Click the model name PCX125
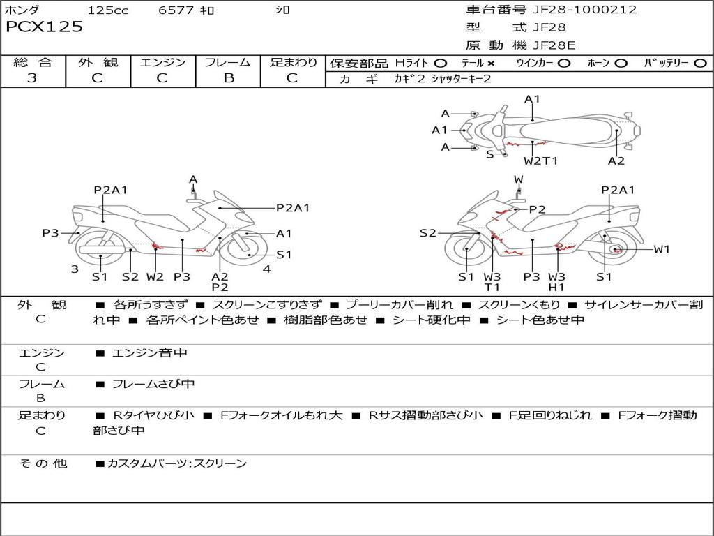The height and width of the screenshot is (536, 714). [45, 27]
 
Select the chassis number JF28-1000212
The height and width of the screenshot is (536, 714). [575, 10]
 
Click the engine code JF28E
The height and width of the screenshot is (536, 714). [555, 45]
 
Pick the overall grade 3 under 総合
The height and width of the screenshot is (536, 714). [32, 78]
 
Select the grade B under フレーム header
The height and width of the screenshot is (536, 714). [229, 78]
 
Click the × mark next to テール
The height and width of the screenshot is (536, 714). [491, 63]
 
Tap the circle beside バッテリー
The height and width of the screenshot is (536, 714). [700, 63]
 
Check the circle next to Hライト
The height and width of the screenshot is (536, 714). [441, 63]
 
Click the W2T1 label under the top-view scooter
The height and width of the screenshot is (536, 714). [541, 161]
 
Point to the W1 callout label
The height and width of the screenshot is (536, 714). [661, 249]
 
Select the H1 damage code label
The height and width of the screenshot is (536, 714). [556, 287]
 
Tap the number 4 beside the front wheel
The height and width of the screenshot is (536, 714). [266, 269]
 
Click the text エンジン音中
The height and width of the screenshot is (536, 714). [149, 353]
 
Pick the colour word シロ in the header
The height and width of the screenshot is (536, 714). [282, 10]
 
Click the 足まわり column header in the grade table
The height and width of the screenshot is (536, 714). [294, 62]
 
